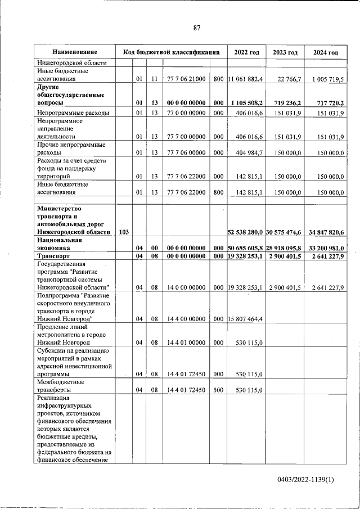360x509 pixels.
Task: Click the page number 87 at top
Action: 197,28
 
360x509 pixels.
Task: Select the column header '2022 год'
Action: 246,52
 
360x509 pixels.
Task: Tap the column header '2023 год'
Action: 285,52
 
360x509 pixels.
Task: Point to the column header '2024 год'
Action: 326,52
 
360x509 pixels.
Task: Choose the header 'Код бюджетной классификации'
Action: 171,52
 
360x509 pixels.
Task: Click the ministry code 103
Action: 124,232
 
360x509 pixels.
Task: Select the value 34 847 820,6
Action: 326,232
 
